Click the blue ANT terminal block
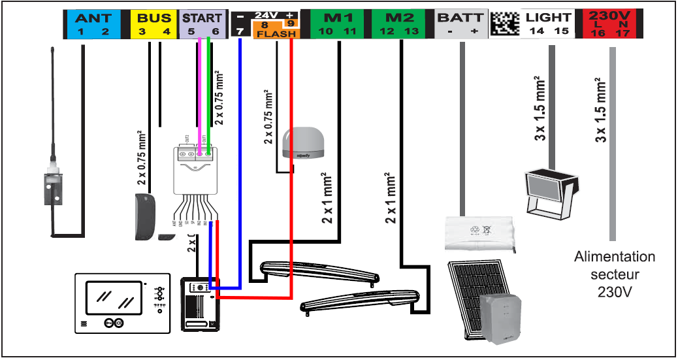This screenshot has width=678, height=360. (93, 23)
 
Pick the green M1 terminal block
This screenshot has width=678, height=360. (340, 23)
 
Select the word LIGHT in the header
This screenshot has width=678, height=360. (548, 18)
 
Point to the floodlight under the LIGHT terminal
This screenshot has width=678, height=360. (551, 189)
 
